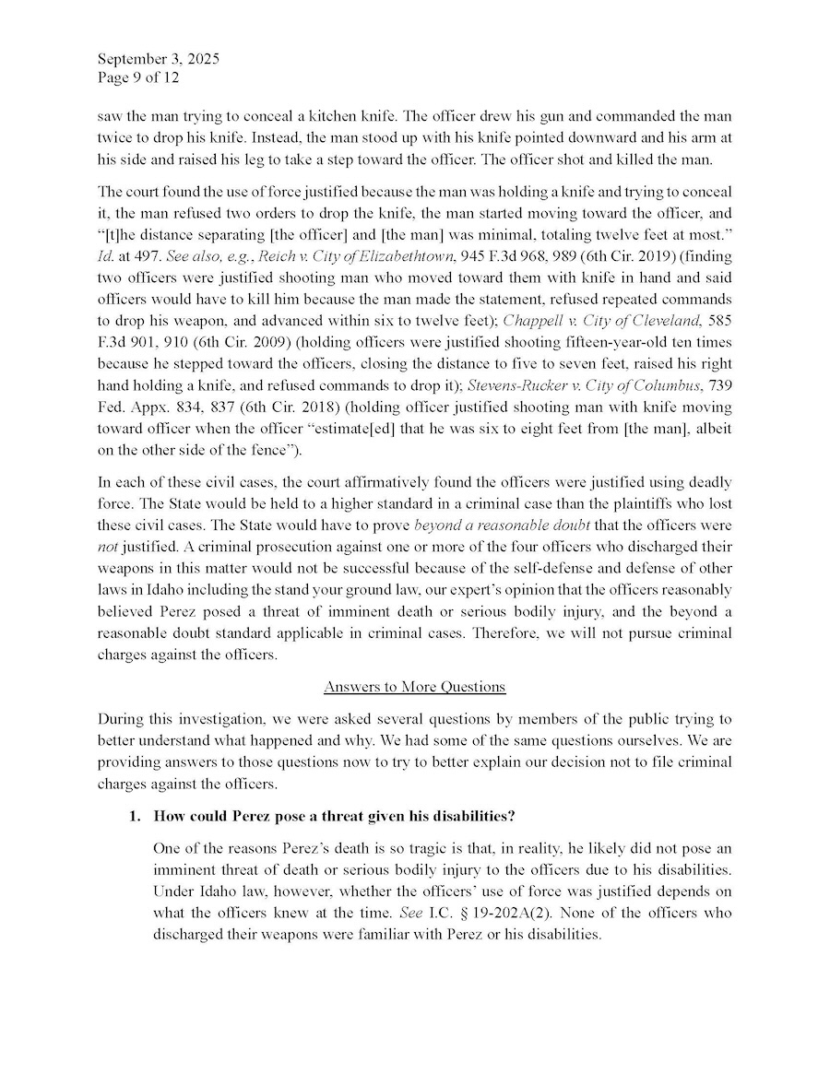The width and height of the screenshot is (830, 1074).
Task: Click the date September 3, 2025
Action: point(158,60)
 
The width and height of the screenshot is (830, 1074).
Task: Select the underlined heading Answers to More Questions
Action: point(415,687)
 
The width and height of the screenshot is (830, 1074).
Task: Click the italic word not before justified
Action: point(108,545)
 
